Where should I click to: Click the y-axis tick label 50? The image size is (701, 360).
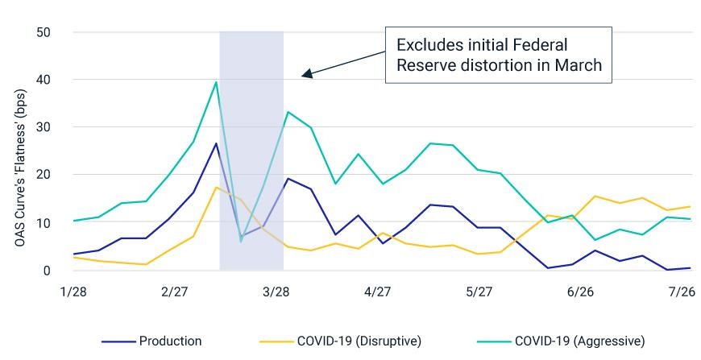point(43,32)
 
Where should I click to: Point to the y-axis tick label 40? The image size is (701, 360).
point(43,80)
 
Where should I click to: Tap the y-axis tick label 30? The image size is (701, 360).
point(43,127)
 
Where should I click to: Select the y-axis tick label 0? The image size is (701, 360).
point(47,271)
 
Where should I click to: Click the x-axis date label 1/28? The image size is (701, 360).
point(74,292)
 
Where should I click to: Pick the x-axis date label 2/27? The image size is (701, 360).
point(175,292)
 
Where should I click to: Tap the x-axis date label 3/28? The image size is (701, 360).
point(276,292)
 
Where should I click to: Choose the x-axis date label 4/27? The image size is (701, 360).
point(378,292)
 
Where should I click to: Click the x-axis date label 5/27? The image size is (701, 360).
point(479,292)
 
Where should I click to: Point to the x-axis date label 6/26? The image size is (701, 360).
point(580,292)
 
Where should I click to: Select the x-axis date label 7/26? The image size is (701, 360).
point(682,292)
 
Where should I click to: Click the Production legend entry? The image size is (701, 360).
point(151,341)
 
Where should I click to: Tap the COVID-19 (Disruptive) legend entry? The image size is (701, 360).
point(340,341)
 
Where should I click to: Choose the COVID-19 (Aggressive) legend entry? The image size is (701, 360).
point(561,341)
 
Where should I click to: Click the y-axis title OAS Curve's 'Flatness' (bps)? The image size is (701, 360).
point(20,168)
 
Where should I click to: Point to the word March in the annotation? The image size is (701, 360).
point(579,65)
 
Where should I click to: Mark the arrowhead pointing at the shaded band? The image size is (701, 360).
point(307,74)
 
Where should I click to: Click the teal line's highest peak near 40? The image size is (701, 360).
point(216,81)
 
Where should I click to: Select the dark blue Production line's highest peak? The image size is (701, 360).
point(216,143)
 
